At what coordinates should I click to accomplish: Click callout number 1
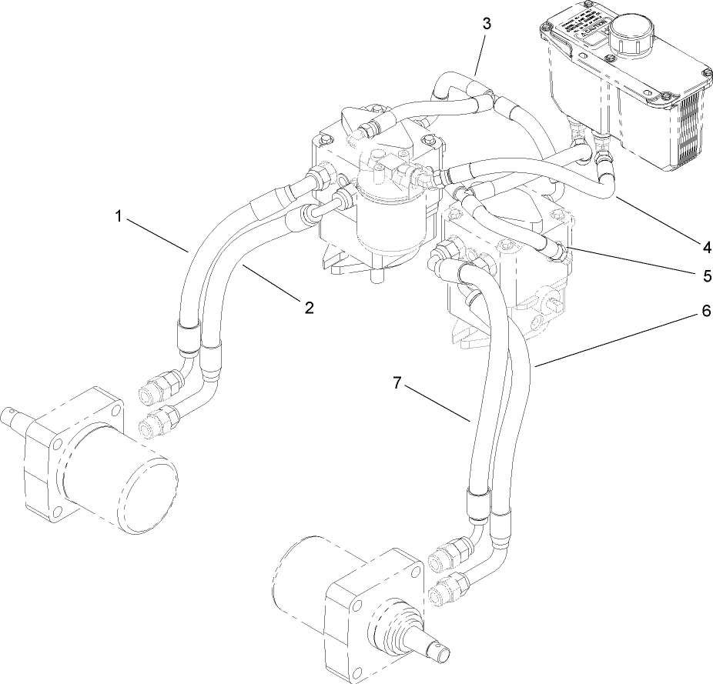(119, 217)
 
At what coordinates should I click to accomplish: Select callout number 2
(309, 308)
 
